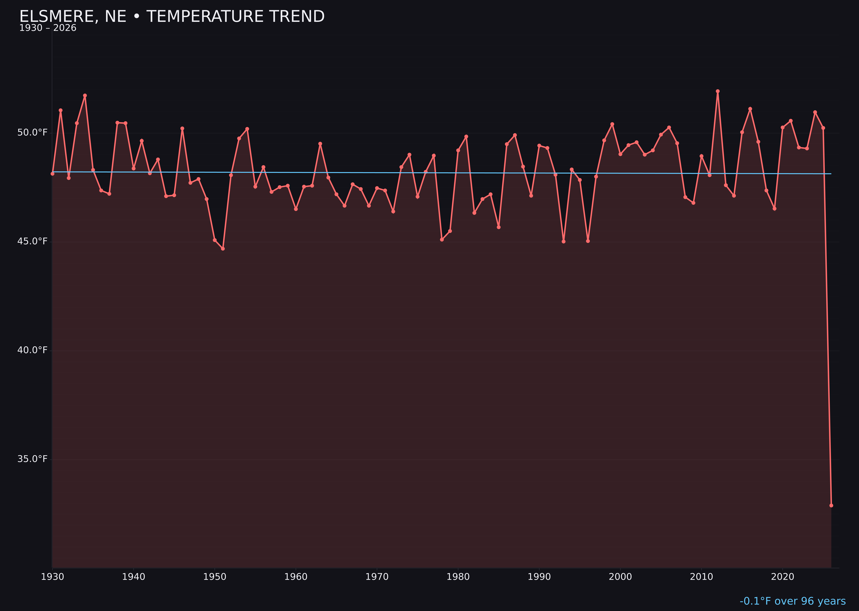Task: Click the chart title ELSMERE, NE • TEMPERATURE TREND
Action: pyautogui.click(x=172, y=17)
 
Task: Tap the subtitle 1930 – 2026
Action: pyautogui.click(x=48, y=28)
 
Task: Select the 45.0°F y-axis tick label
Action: pyautogui.click(x=32, y=241)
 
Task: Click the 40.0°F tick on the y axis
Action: pyautogui.click(x=32, y=350)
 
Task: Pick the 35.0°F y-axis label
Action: pyautogui.click(x=32, y=459)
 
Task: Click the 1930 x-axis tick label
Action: pyautogui.click(x=52, y=577)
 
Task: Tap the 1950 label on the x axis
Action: pyautogui.click(x=215, y=577)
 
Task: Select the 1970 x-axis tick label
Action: pyautogui.click(x=377, y=577)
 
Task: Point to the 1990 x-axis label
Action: pyautogui.click(x=539, y=577)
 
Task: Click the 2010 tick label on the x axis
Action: pyautogui.click(x=701, y=577)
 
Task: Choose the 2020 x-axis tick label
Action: pyautogui.click(x=783, y=577)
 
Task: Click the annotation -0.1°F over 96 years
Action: pyautogui.click(x=792, y=601)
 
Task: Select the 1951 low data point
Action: pyautogui.click(x=223, y=249)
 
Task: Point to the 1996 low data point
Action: pyautogui.click(x=588, y=241)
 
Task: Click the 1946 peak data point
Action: pyautogui.click(x=182, y=128)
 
